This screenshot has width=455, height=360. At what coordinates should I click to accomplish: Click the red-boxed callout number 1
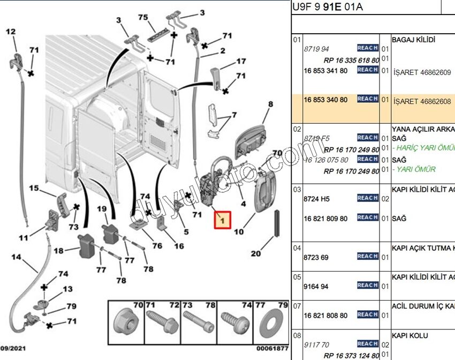click(x=223, y=220)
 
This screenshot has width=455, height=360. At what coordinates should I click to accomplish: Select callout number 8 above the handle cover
click(x=270, y=104)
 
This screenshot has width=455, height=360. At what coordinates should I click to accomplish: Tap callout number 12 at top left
click(x=11, y=32)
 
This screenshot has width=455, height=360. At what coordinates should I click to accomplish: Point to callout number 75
click(x=143, y=18)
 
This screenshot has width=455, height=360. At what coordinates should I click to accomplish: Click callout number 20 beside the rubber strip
click(x=256, y=253)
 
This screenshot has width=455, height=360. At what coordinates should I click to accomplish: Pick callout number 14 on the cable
click(x=17, y=257)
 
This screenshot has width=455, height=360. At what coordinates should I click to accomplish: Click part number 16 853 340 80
click(x=325, y=100)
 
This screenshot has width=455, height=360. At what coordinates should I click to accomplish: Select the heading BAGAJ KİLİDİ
click(x=414, y=40)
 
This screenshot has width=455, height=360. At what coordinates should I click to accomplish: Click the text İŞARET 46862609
click(x=422, y=72)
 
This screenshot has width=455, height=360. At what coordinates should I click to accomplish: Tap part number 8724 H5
click(x=317, y=199)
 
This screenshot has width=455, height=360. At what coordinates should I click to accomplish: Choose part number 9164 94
click(x=316, y=287)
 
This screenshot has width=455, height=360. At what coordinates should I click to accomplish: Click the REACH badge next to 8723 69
click(x=368, y=257)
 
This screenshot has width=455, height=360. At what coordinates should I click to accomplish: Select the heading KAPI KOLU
click(x=410, y=335)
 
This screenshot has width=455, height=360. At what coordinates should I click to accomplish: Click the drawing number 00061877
click(x=272, y=348)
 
